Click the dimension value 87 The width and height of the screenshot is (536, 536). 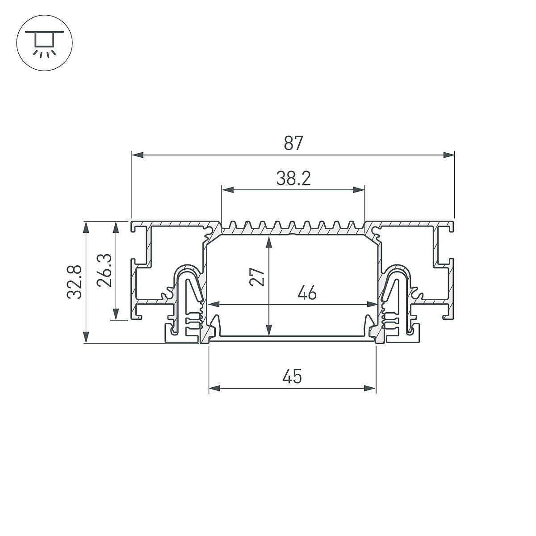coord(293,143)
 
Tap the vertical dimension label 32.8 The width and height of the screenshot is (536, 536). coord(75,282)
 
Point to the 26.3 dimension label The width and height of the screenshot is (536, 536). coord(104,270)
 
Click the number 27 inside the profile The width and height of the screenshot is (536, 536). coord(256,277)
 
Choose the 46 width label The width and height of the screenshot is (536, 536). coord(307,293)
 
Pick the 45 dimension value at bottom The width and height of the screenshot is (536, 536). coord(292,377)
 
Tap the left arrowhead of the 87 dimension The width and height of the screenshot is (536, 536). coord(138,155)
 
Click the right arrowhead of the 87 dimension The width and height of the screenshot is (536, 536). coord(448,155)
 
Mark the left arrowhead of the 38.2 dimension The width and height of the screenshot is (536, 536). coord(227,190)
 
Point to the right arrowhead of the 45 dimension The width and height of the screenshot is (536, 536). coord(370,389)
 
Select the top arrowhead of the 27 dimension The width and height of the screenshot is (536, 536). coord(269,242)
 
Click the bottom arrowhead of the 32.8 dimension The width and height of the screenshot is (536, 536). coord(87,337)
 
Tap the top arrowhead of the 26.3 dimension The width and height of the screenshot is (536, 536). coord(116,228)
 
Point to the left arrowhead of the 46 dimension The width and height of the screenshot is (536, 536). coord(214,304)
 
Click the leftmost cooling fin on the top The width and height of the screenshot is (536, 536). coord(232,225)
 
